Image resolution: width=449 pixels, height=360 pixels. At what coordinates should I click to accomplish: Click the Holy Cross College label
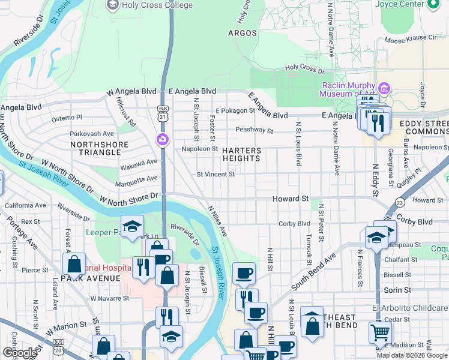click(x=157, y=5)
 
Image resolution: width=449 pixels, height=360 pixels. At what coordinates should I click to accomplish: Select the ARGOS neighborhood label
click(x=243, y=34)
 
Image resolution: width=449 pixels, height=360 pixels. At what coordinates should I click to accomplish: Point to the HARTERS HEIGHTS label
click(x=242, y=155)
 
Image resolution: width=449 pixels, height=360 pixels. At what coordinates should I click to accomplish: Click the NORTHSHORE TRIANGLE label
click(x=99, y=149)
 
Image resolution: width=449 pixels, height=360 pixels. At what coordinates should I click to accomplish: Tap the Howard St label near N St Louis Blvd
click(x=291, y=198)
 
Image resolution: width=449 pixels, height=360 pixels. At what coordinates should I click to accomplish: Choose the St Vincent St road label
click(x=216, y=175)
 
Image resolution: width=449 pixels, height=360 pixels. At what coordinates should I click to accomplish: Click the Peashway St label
click(x=254, y=130)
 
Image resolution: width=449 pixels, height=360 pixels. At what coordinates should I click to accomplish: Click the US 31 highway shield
click(x=163, y=112)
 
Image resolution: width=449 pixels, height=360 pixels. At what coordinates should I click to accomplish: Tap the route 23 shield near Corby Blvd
click(x=399, y=203)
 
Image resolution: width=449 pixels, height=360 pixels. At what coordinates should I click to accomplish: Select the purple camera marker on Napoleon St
click(x=163, y=140)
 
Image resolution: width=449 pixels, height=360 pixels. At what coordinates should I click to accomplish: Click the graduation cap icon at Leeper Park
click(x=132, y=226)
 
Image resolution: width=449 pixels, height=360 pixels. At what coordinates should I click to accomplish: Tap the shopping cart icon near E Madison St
click(x=380, y=332)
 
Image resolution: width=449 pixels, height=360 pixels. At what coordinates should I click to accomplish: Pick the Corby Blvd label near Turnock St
click(x=294, y=224)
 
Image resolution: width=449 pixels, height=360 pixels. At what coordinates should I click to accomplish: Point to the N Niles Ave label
click(x=217, y=221)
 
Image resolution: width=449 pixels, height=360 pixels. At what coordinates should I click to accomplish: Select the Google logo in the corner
click(x=20, y=353)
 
